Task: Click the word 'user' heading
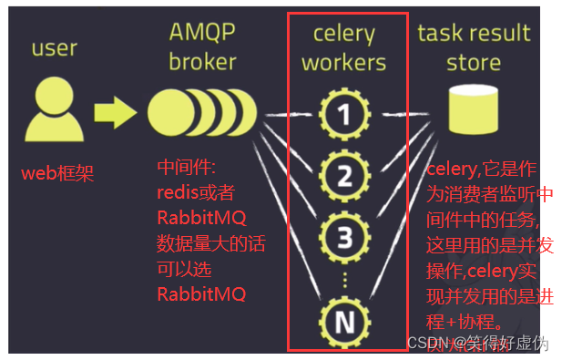[55, 47]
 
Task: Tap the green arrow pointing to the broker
[115, 112]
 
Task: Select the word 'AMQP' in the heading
[202, 33]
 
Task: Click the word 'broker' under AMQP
[202, 62]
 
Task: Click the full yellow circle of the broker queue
[169, 113]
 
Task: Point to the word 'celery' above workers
[343, 35]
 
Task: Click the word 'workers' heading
[343, 63]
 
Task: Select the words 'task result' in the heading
[474, 34]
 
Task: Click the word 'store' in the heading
[474, 63]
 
